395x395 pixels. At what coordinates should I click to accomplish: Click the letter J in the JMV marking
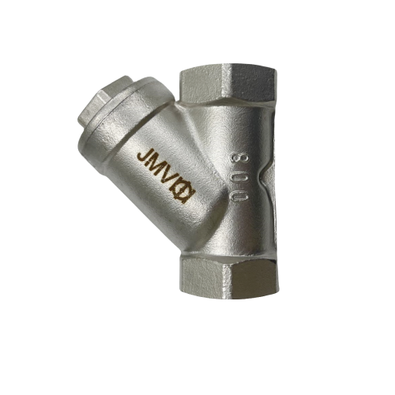(143, 156)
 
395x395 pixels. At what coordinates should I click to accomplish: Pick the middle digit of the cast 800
(238, 175)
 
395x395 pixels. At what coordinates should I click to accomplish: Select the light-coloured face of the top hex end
(201, 85)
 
